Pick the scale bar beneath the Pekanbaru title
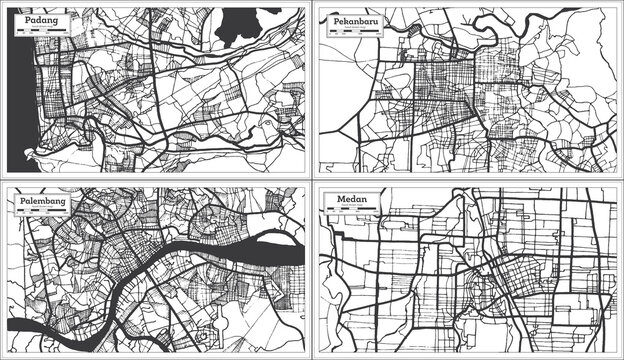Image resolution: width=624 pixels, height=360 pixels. tap(352, 31)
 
